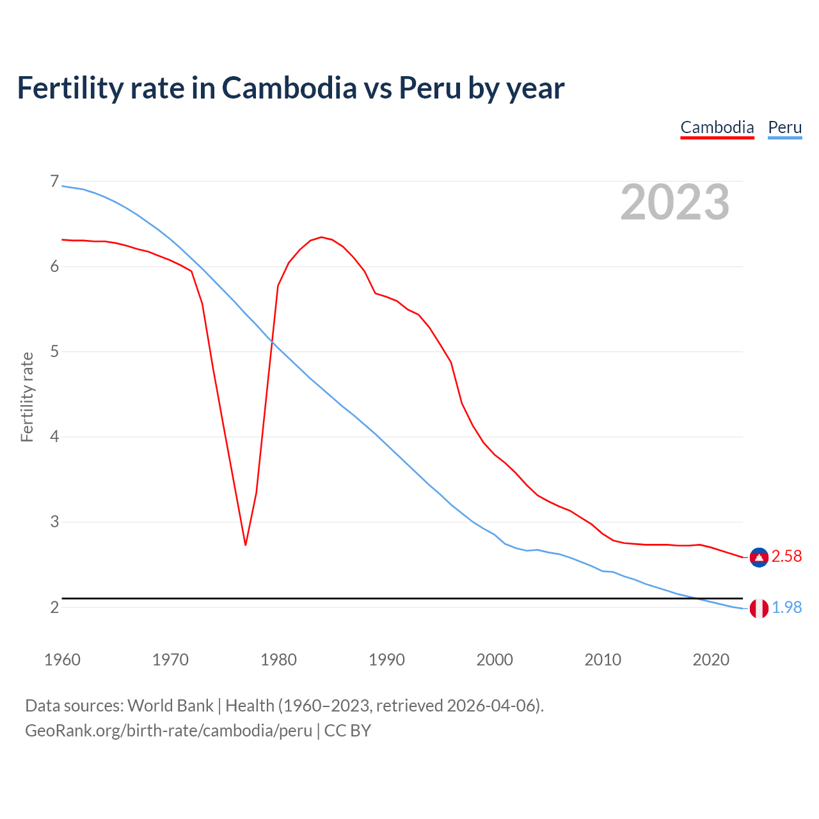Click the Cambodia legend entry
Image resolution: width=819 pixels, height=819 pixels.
point(717,127)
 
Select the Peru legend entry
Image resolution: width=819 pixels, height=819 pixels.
point(784,127)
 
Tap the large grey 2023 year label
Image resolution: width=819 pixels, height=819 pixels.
point(674,202)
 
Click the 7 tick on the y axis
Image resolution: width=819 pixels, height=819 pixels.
point(54,182)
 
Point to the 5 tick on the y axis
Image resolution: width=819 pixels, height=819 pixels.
point(54,351)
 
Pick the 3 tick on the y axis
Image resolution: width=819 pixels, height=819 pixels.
point(54,521)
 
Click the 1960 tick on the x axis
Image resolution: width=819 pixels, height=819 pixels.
point(62,660)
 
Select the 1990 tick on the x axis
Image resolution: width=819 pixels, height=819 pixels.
point(386,660)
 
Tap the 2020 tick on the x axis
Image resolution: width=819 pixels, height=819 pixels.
point(711,660)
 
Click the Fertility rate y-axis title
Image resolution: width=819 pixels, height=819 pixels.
point(27,397)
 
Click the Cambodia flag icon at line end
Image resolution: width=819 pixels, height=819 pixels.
point(759,557)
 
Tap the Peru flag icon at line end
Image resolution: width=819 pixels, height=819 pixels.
point(759,608)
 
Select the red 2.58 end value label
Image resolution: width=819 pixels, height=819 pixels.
point(786,557)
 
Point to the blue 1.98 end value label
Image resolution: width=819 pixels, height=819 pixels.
point(786,608)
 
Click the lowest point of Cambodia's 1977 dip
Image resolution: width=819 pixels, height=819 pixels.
point(246,545)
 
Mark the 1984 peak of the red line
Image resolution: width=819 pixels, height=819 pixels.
point(321,237)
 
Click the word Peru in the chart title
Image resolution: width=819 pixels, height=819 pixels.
point(430,88)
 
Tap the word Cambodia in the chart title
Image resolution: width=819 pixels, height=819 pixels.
point(289,88)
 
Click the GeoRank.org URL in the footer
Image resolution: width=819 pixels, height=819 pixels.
point(168,731)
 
